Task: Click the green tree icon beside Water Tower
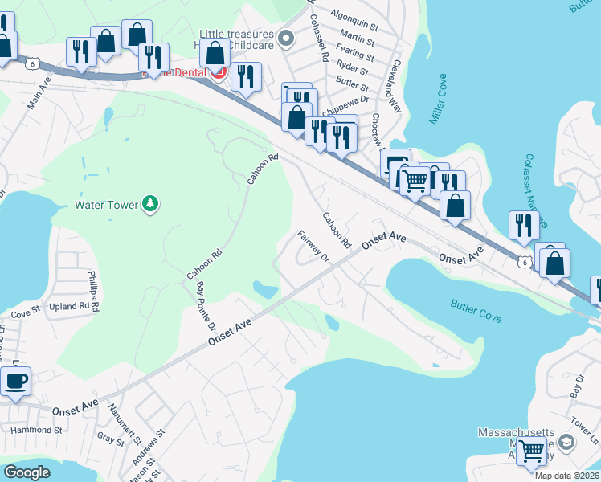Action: pos(149,204)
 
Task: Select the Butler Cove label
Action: pos(476,312)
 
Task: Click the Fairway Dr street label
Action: pos(314,247)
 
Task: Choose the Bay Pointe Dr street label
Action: pos(206,306)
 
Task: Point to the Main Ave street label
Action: pos(39,94)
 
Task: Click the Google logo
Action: pos(27,472)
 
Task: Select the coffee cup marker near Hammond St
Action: pos(16,381)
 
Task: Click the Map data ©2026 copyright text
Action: pos(566,476)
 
